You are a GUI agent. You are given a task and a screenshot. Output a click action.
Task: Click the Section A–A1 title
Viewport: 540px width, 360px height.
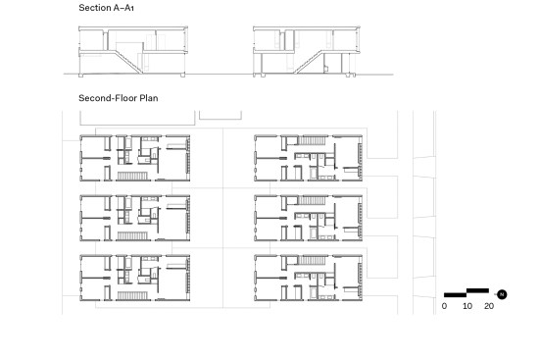[106, 8]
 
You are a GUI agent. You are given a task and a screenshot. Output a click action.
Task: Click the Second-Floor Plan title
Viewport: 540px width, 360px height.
[119, 98]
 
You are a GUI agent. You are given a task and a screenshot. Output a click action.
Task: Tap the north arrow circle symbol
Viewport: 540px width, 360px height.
[502, 294]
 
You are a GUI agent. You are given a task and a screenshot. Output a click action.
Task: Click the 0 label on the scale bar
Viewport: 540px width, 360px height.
[444, 306]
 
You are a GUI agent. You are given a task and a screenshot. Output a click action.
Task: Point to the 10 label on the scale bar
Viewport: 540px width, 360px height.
[467, 306]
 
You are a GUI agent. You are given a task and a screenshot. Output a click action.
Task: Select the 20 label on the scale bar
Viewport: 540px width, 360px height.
[489, 306]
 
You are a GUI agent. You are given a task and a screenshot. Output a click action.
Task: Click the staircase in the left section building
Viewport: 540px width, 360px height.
[128, 62]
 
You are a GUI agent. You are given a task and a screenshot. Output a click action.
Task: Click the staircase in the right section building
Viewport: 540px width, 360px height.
[308, 62]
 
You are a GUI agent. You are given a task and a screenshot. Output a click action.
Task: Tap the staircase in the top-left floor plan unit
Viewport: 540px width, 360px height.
[132, 176]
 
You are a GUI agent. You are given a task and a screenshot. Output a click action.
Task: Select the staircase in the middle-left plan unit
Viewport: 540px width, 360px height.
[132, 235]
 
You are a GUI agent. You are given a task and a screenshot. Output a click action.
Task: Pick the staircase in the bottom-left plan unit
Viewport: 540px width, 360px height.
[132, 295]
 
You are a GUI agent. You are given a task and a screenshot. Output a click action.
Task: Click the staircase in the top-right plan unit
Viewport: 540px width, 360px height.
[312, 140]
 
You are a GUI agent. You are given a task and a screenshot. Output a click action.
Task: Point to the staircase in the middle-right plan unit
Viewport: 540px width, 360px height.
[312, 200]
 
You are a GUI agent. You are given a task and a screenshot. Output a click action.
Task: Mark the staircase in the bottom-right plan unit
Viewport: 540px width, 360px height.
[312, 260]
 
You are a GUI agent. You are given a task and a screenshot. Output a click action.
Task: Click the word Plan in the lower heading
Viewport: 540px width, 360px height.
[149, 98]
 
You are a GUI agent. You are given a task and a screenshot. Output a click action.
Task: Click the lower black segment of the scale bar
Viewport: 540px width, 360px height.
[455, 295]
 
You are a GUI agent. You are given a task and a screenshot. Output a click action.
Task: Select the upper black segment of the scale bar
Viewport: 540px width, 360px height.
[477, 290]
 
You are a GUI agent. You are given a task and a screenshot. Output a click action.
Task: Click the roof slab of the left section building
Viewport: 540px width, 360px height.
[133, 28]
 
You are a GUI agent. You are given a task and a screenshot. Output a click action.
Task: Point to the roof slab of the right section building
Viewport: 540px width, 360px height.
[307, 28]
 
